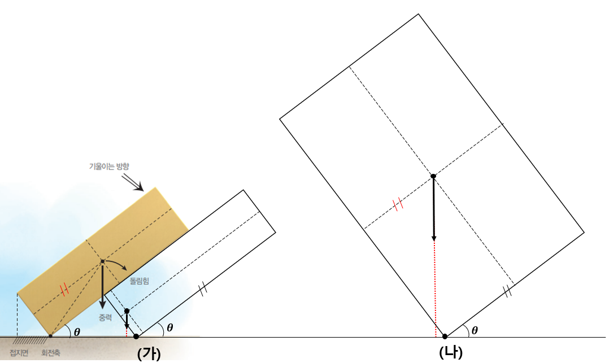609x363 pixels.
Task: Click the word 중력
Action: pos(105,318)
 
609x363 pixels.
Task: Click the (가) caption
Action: pos(149,353)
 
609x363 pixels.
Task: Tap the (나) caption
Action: pos(451,352)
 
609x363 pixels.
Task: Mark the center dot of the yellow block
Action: pos(102,261)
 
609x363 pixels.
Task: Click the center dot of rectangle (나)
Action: pos(433,176)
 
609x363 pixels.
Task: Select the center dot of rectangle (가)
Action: pos(127,311)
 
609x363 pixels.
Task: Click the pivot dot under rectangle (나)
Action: pos(445,336)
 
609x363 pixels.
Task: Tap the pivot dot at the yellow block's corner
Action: pos(50,336)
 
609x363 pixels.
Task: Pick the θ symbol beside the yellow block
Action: pos(77,332)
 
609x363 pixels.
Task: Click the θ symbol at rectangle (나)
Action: pos(475,330)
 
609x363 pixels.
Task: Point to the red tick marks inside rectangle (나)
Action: pos(399,204)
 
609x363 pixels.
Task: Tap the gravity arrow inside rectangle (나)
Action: pos(433,209)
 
